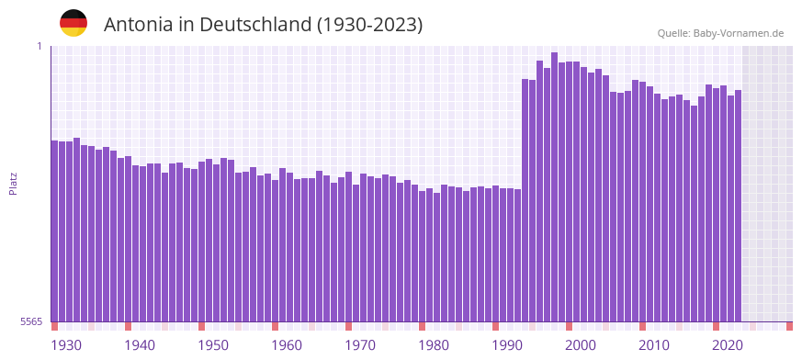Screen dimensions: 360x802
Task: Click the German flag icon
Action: click(73, 23)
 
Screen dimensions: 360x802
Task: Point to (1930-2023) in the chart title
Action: click(369, 25)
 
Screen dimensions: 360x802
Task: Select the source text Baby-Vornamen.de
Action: click(739, 33)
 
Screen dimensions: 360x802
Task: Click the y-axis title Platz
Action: click(13, 183)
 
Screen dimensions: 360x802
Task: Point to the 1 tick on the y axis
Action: click(39, 46)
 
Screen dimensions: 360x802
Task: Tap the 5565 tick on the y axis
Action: click(30, 321)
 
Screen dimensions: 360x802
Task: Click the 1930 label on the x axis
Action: click(66, 345)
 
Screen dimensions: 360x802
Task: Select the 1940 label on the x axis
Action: click(140, 345)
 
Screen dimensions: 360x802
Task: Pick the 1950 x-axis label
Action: click(213, 345)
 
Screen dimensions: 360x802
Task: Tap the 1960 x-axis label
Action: click(287, 345)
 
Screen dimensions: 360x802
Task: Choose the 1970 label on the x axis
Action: click(360, 345)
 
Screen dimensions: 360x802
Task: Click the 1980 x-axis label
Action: click(434, 345)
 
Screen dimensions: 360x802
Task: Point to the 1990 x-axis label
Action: click(507, 345)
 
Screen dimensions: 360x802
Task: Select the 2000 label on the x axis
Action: click(581, 345)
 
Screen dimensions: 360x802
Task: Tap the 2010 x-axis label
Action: click(654, 345)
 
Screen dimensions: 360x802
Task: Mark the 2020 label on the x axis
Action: click(728, 345)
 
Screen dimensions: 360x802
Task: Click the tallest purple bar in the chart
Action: click(554, 184)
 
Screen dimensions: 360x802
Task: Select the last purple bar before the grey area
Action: click(738, 202)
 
